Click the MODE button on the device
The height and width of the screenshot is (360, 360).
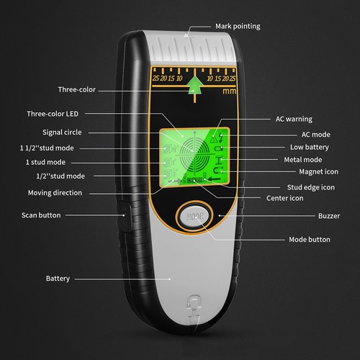(194, 217)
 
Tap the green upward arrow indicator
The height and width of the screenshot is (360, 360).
(194, 86)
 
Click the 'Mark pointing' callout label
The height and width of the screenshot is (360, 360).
(238, 27)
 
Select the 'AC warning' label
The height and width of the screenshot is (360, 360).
(294, 119)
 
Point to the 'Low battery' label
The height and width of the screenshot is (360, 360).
(310, 147)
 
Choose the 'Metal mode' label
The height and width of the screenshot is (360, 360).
(303, 160)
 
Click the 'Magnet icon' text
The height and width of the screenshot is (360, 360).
(318, 172)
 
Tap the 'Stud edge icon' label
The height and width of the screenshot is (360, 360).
(311, 187)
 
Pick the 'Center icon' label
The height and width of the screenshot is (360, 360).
(285, 198)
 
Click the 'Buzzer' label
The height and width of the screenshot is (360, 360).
(329, 216)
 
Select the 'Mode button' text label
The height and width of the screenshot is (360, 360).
(310, 240)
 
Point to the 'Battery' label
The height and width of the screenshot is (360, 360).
(58, 279)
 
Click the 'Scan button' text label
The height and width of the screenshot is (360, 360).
(41, 215)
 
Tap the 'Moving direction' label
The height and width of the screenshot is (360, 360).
(55, 193)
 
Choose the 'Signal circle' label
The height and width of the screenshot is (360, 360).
(62, 132)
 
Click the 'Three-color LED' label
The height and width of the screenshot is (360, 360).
(53, 114)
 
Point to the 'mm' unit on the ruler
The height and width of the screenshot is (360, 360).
(229, 91)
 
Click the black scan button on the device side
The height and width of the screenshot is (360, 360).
(125, 216)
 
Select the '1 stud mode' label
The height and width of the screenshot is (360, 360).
(45, 162)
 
